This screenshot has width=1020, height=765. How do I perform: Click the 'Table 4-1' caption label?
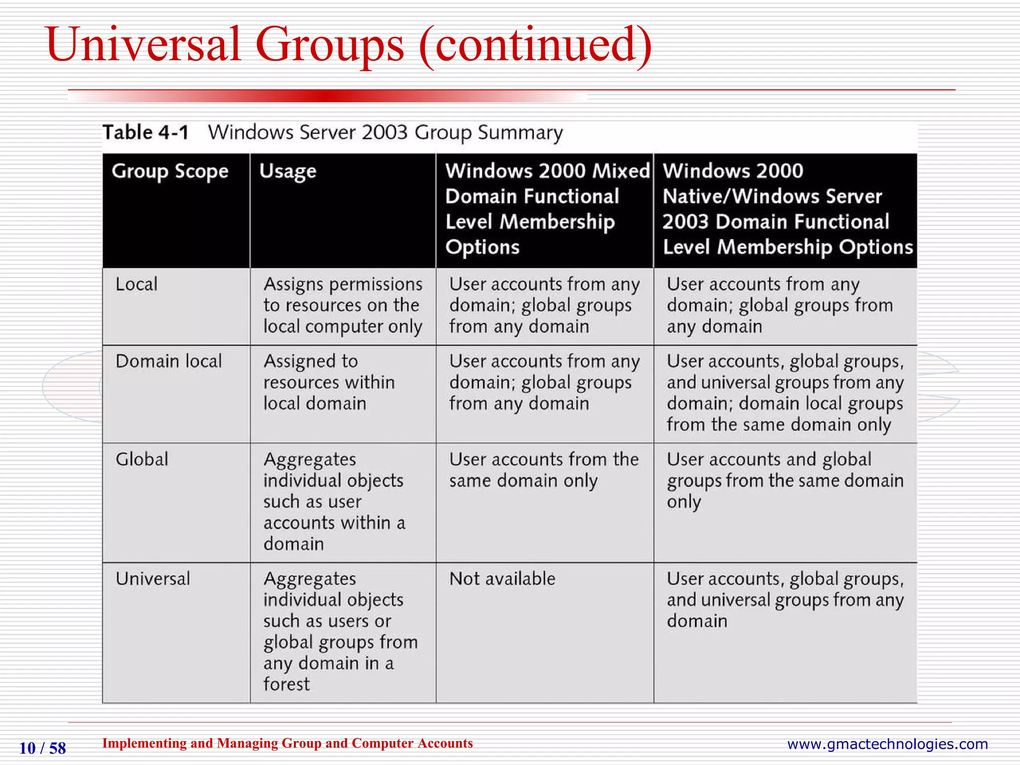tap(145, 132)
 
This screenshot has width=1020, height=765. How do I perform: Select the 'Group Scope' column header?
tap(170, 171)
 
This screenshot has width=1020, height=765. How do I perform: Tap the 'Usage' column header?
tap(288, 171)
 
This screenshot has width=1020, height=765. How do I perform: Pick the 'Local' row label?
tap(136, 284)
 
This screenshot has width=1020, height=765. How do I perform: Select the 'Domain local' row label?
tap(168, 361)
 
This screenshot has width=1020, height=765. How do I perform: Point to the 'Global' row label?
tap(142, 459)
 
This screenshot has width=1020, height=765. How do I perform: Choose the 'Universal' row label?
tap(153, 579)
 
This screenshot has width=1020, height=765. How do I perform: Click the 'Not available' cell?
tap(502, 579)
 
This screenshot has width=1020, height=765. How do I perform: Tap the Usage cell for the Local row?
tap(343, 305)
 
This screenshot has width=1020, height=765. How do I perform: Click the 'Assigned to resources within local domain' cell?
tap(329, 382)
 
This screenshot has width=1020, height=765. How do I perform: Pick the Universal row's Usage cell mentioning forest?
tap(340, 631)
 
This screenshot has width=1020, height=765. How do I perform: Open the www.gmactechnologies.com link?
tap(887, 744)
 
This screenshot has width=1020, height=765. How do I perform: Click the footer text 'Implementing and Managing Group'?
tap(287, 743)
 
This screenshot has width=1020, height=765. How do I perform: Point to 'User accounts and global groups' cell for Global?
tap(784, 480)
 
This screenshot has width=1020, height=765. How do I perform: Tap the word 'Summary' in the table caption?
tap(520, 132)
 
